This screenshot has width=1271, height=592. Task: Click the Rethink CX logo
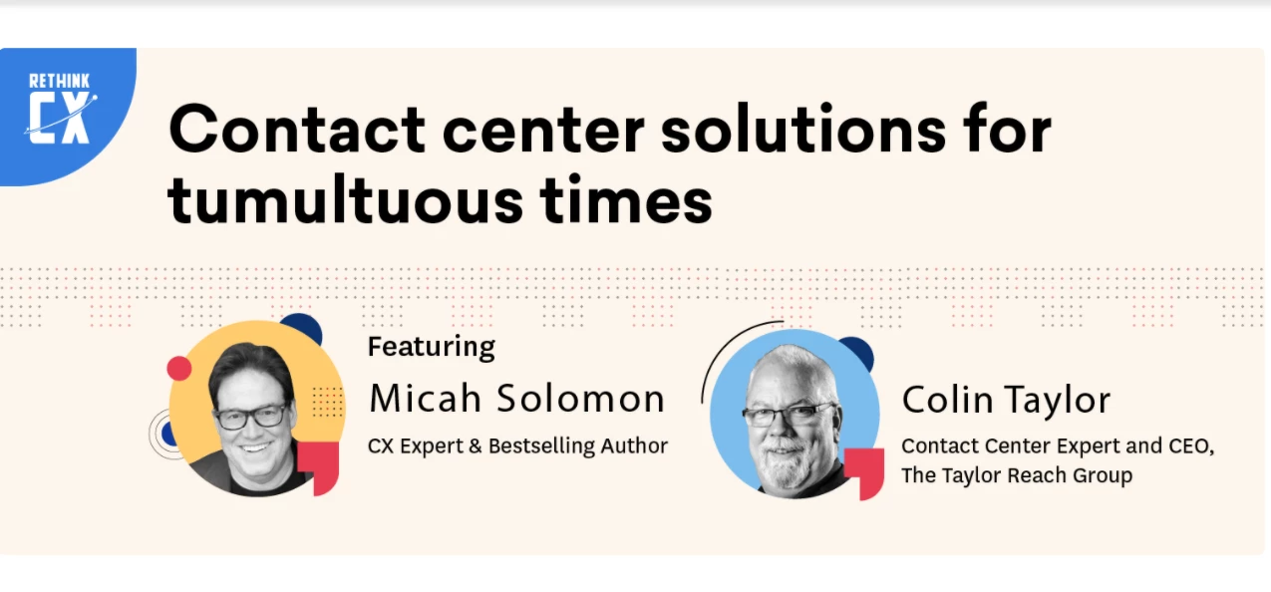coord(61,109)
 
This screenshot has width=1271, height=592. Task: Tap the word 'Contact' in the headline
coord(297,130)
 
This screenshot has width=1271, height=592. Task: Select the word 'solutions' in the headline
coord(803,129)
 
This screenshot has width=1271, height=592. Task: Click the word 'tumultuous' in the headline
coord(345,199)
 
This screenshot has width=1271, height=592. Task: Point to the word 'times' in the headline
coord(625,199)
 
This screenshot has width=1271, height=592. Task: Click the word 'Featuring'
coord(432,347)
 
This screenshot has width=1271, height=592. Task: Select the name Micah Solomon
coord(516,399)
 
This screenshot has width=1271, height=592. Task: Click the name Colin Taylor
coord(1006,400)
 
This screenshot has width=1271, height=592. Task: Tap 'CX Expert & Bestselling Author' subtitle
coord(517,446)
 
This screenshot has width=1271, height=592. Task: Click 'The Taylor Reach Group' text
coord(1016,475)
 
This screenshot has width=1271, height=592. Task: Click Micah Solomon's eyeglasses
coord(252,417)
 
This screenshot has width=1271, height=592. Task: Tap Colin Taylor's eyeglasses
coord(788,414)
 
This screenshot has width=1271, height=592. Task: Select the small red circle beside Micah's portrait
coord(179,369)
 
